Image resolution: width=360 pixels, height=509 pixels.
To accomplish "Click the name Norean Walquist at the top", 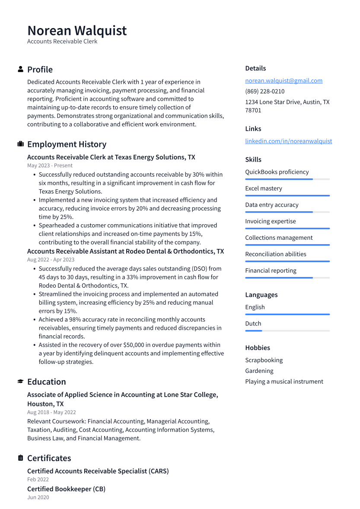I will coord(77,31).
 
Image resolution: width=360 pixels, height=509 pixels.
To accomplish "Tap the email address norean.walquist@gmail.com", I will coord(284,81).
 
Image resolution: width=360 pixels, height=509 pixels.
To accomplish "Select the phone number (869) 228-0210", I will coord(264,92).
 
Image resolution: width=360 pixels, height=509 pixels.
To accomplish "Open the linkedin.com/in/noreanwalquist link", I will coord(288,141).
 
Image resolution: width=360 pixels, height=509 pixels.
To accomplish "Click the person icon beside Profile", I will coord(20,70).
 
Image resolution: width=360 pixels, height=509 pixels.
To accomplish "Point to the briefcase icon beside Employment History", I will coord(20,144).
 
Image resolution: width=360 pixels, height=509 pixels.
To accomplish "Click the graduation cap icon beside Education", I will coord(20,382).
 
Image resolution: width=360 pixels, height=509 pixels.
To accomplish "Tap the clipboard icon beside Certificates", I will coord(20,458).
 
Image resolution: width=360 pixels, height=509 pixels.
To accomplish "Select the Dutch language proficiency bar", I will coord(287,331).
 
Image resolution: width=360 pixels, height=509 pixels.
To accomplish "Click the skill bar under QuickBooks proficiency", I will coord(287,179).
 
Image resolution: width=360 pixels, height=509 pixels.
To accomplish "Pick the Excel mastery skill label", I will coord(263,188).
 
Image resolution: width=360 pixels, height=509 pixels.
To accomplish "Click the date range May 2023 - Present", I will coord(50,165).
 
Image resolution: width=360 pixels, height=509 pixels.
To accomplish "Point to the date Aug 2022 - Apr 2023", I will coord(51,260).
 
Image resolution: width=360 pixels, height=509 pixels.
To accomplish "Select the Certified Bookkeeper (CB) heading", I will coord(66,489).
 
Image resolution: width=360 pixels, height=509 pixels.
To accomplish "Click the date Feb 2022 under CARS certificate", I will coord(38,480).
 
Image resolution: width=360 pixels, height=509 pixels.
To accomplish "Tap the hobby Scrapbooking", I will coord(264,360).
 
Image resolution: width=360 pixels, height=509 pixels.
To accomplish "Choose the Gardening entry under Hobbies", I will coord(259,371).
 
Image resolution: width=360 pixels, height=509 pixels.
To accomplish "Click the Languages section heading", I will coord(261,295).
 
